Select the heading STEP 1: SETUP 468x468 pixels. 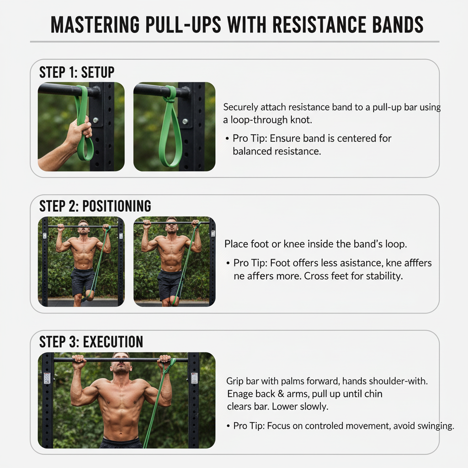(77, 72)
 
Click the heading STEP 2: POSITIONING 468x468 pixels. (95, 206)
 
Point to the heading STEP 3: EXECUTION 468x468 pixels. (91, 342)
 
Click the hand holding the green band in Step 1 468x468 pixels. (78, 133)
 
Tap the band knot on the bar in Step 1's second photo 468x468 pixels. (170, 93)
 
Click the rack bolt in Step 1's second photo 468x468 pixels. (185, 121)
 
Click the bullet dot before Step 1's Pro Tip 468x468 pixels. (227, 138)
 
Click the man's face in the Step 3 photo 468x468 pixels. (121, 364)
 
